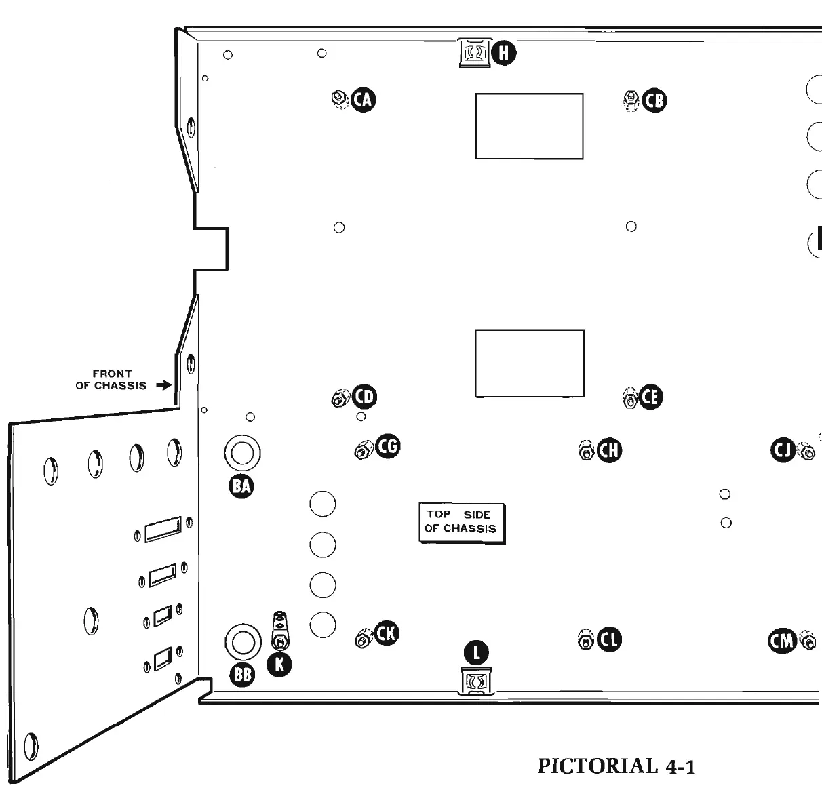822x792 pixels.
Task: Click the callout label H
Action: [504, 52]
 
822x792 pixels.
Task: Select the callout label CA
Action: [364, 100]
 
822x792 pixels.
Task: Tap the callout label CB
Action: [654, 101]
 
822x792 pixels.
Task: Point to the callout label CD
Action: [365, 396]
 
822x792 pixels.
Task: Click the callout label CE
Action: [650, 397]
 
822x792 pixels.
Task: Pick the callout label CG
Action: [388, 446]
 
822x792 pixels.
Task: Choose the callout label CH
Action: [609, 450]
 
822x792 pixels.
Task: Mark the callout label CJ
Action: [783, 450]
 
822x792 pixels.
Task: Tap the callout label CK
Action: [387, 633]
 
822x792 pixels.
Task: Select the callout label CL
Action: [609, 639]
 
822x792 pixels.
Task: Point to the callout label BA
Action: [241, 485]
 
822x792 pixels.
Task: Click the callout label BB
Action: [242, 674]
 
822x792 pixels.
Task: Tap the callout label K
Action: [279, 665]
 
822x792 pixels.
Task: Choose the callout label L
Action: [477, 652]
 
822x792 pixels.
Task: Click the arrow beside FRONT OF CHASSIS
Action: [163, 385]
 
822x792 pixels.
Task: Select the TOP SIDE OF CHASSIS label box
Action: [462, 522]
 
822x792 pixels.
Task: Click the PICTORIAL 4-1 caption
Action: [616, 766]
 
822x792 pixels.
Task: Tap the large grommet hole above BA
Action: [241, 452]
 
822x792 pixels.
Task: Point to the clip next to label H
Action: [474, 52]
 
